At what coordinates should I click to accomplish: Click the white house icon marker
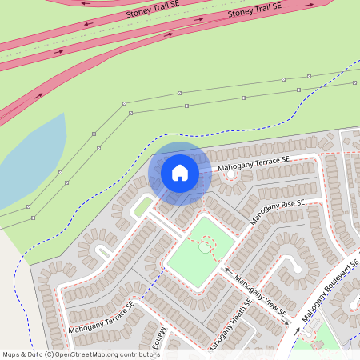180,172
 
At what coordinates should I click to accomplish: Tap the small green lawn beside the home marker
142,206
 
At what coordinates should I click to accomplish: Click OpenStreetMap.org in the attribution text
90,354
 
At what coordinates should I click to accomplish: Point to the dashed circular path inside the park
208,246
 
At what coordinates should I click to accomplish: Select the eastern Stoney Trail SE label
255,10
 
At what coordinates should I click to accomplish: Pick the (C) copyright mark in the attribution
49,354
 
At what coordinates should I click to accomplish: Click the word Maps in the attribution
11,354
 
